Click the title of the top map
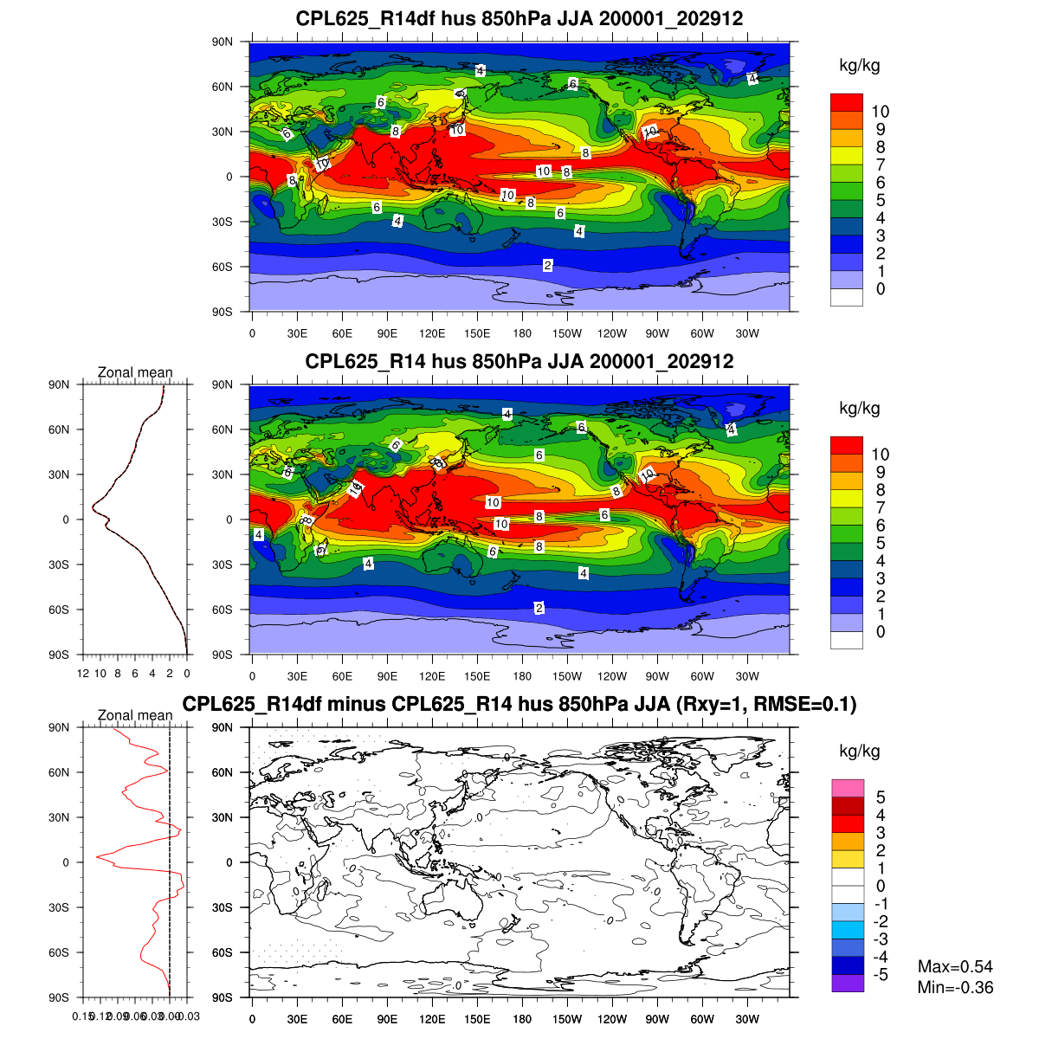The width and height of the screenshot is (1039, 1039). [519, 18]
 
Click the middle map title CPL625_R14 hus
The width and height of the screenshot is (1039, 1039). [519, 361]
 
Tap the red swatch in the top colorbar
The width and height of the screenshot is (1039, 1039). [846, 102]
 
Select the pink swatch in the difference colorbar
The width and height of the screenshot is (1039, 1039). [848, 788]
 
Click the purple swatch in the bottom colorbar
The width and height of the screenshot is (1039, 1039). [848, 984]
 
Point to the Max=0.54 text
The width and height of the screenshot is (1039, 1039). [955, 966]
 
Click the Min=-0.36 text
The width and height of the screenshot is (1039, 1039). [955, 988]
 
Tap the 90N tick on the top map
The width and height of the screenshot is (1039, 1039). [223, 42]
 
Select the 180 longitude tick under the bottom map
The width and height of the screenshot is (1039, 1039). [522, 1019]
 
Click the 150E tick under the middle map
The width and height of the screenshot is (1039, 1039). [477, 676]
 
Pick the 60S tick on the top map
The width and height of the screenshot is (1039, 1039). [223, 267]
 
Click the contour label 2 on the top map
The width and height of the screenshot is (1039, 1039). [548, 266]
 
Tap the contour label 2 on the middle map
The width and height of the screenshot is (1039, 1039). [539, 608]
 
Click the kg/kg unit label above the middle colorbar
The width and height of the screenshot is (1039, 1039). [859, 408]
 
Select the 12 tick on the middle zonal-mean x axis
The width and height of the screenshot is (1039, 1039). [83, 674]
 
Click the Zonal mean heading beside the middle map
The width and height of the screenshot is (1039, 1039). [135, 372]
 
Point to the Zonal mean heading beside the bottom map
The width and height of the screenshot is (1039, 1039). [135, 715]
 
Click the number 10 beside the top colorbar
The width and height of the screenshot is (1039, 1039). [880, 111]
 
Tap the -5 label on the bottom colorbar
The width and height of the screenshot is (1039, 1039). [880, 975]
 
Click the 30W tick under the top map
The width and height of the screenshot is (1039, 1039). [747, 333]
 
